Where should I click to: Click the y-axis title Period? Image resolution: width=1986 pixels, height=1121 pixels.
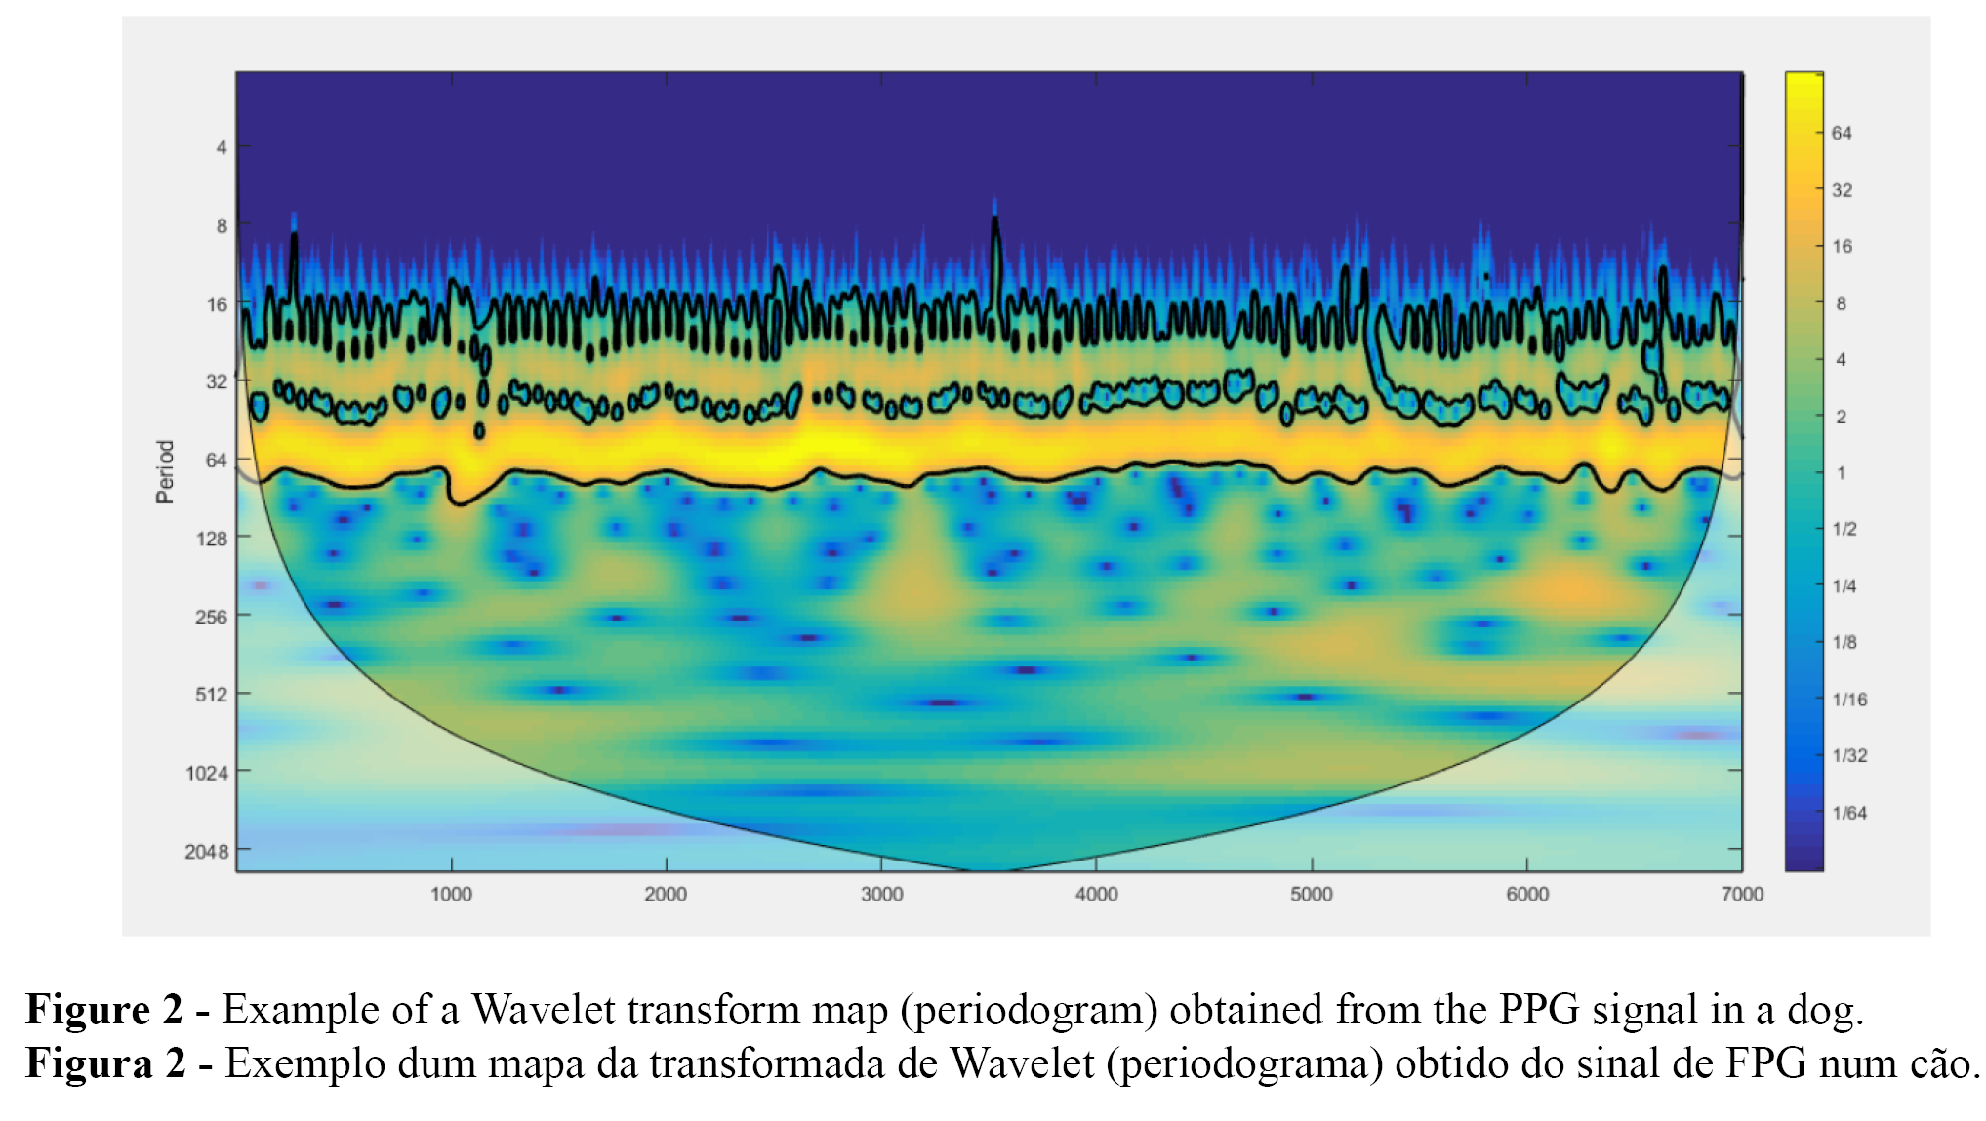tap(165, 471)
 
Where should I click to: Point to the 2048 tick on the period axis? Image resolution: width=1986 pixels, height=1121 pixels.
tap(206, 852)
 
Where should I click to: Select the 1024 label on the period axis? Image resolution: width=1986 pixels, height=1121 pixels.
tap(206, 774)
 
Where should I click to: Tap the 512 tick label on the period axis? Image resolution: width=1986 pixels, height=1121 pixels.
tap(211, 695)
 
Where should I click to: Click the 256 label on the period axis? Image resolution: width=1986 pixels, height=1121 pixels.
tap(211, 617)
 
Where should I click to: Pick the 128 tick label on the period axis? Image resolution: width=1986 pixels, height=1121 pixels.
tap(211, 539)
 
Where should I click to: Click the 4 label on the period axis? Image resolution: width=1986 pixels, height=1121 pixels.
tap(222, 147)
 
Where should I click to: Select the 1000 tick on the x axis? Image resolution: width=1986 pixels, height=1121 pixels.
tap(451, 895)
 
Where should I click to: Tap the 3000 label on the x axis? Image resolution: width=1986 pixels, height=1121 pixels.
tap(881, 895)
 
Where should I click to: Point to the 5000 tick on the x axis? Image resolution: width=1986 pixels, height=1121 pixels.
tap(1312, 895)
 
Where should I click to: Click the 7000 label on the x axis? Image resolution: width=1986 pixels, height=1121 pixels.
tap(1742, 895)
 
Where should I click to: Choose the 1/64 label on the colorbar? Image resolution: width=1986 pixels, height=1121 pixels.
tap(1849, 813)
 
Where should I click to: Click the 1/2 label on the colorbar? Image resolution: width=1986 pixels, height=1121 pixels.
tap(1844, 529)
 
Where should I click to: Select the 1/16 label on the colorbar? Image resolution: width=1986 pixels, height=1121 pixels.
tap(1849, 699)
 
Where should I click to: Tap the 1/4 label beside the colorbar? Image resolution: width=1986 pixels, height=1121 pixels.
tap(1844, 585)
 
